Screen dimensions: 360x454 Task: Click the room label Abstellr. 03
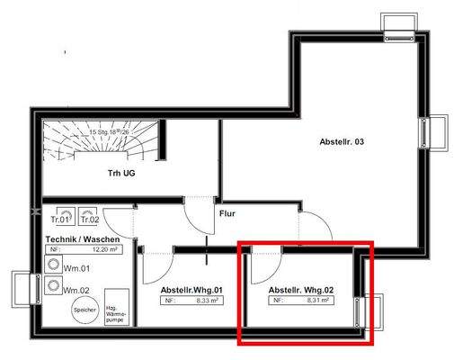(x=342, y=142)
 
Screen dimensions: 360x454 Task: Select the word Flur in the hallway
(x=227, y=214)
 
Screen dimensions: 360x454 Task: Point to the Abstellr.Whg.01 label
(x=191, y=290)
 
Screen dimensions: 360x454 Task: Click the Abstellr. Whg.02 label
(x=301, y=290)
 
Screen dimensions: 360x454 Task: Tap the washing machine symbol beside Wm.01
(x=52, y=268)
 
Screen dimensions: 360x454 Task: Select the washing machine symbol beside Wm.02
(x=52, y=288)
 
